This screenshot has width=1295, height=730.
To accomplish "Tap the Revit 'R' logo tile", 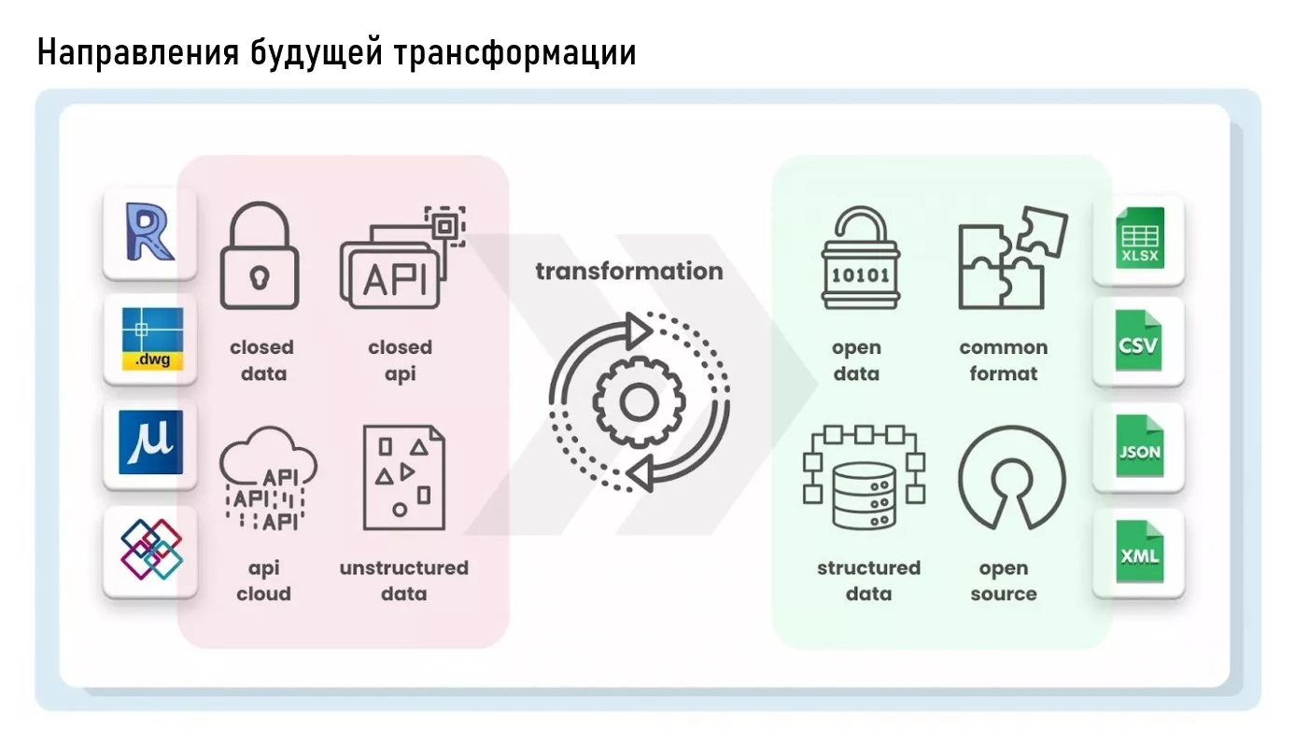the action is pyautogui.click(x=149, y=233).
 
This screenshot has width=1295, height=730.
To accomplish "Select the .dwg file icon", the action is pyautogui.click(x=152, y=339).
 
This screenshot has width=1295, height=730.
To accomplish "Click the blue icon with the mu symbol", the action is pyautogui.click(x=150, y=442).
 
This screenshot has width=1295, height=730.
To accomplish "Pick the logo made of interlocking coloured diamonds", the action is pyautogui.click(x=151, y=549).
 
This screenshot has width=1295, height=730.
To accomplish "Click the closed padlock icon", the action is pyautogui.click(x=260, y=256).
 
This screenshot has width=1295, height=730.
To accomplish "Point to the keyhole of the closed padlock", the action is pyautogui.click(x=260, y=277).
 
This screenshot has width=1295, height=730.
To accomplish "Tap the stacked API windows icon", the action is pyautogui.click(x=402, y=258).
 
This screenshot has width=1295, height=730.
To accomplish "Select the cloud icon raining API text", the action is pyautogui.click(x=268, y=478).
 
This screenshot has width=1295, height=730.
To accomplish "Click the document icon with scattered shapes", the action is pyautogui.click(x=404, y=477).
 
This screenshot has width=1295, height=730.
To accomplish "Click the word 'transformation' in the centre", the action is pyautogui.click(x=629, y=271).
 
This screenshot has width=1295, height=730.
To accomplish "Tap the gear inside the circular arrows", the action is pyautogui.click(x=639, y=401).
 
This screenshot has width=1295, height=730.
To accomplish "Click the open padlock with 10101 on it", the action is pyautogui.click(x=861, y=258).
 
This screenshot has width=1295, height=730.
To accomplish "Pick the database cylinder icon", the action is pyautogui.click(x=864, y=497).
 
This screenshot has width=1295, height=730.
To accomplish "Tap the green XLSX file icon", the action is pyautogui.click(x=1139, y=237).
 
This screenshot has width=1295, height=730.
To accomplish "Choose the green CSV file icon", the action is pyautogui.click(x=1138, y=340).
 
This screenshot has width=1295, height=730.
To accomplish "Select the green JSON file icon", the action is pyautogui.click(x=1139, y=445).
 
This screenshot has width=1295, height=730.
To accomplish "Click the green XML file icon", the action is pyautogui.click(x=1139, y=552).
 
